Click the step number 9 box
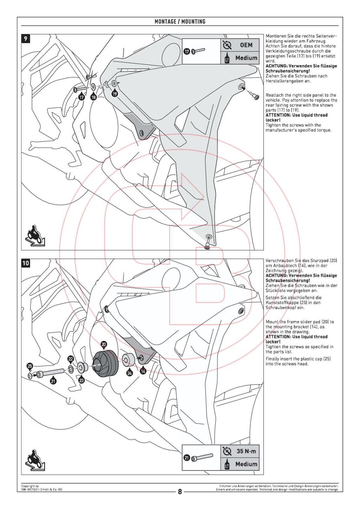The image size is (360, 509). click(x=26, y=39)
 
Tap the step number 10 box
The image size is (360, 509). click(x=26, y=263)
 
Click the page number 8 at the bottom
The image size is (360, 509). click(x=180, y=491)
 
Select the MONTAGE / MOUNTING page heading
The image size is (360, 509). click(x=180, y=21)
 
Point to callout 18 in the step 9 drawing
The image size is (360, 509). click(x=94, y=97)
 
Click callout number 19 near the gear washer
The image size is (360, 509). click(x=115, y=94)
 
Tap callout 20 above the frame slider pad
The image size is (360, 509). click(x=104, y=344)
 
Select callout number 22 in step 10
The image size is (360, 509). click(x=71, y=359)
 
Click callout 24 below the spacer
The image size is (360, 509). click(x=130, y=373)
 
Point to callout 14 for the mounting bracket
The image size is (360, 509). click(x=143, y=371)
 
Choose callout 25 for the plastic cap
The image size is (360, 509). click(x=30, y=366)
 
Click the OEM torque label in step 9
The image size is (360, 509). click(x=246, y=45)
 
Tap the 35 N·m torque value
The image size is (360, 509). click(x=246, y=451)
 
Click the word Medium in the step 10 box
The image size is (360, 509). click(x=246, y=464)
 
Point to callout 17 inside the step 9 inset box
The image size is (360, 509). click(x=187, y=51)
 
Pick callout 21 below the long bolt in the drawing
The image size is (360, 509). click(x=53, y=381)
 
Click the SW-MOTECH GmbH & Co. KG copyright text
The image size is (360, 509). click(x=41, y=489)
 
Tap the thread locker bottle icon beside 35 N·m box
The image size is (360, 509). click(x=227, y=464)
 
